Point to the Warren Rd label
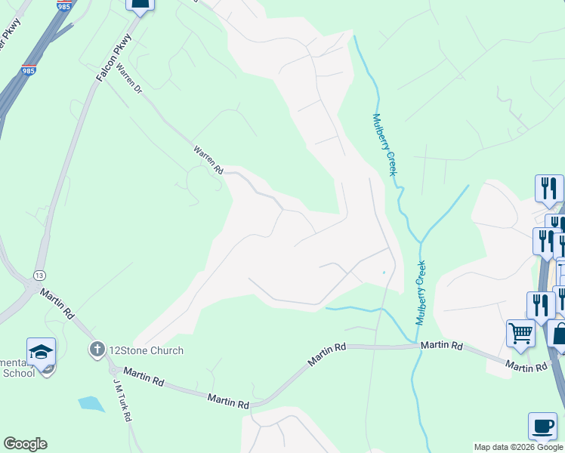tap(208, 159)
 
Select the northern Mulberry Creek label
tap(384, 145)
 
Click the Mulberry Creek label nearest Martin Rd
tap(421, 292)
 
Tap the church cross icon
tap(96, 350)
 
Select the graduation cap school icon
tap(41, 351)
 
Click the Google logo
tap(25, 444)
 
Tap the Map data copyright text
tap(518, 447)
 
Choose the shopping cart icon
tap(520, 331)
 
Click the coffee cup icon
tap(542, 425)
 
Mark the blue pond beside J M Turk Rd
tap(91, 403)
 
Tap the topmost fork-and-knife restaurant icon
tap(549, 186)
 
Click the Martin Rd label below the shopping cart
tap(526, 366)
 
